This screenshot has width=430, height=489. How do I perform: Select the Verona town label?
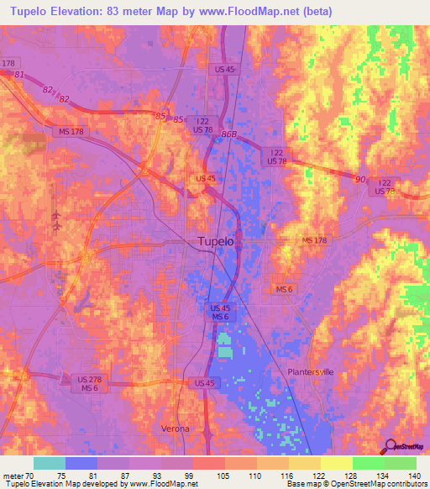click(176, 429)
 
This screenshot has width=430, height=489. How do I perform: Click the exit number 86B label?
click(228, 134)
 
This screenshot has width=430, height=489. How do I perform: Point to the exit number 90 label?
click(360, 179)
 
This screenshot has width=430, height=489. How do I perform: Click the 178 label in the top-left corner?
click(9, 64)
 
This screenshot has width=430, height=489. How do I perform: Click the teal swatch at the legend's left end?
click(50, 463)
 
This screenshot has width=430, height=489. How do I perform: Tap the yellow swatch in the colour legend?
click(336, 463)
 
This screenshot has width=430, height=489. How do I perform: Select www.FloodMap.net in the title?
click(259, 12)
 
